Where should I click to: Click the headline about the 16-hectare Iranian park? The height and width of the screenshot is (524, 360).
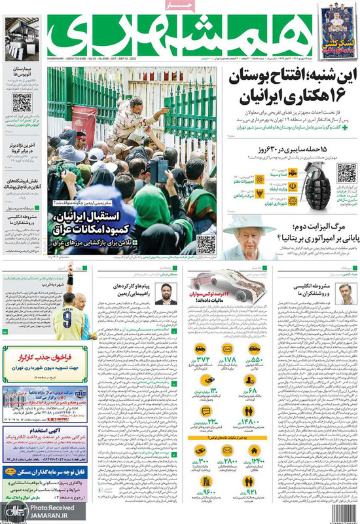click(292, 87)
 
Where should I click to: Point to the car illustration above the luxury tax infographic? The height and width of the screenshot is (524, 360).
click(216, 289)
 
